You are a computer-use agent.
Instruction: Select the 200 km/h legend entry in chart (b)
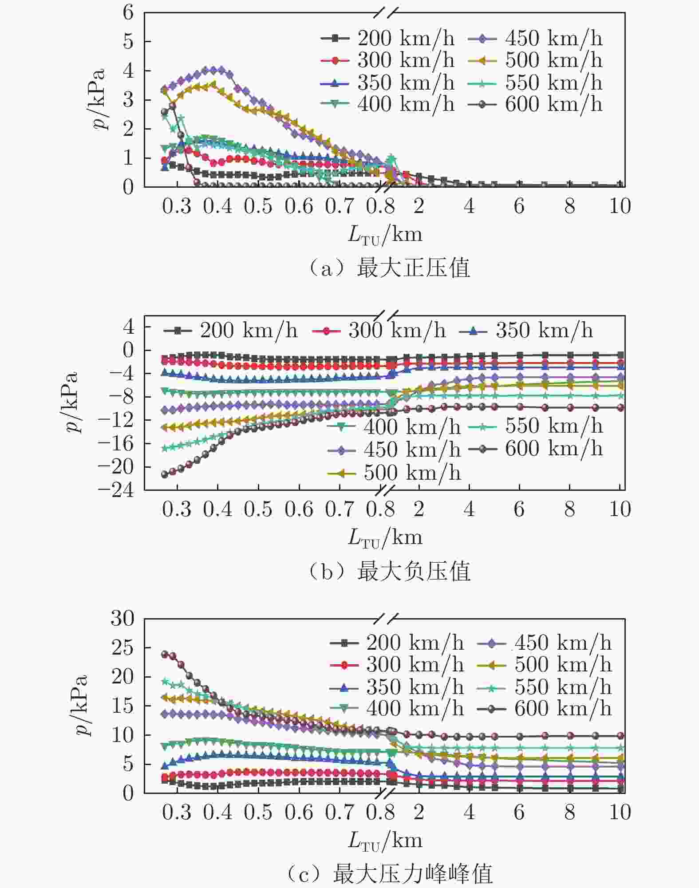click(x=230, y=331)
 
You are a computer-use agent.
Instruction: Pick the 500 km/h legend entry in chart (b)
click(x=394, y=473)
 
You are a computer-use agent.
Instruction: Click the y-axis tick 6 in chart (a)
click(x=128, y=12)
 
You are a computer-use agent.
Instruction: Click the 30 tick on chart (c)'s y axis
click(x=122, y=618)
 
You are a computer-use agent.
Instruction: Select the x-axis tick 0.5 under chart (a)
click(x=258, y=206)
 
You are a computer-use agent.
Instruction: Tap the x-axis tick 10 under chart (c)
click(x=620, y=813)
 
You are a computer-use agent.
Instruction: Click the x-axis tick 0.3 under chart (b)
click(x=177, y=509)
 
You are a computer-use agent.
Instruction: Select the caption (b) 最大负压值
click(x=389, y=572)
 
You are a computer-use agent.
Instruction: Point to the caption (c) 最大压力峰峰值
click(x=389, y=875)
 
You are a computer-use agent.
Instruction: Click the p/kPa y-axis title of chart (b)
click(x=70, y=402)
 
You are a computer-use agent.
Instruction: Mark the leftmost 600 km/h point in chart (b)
click(x=165, y=474)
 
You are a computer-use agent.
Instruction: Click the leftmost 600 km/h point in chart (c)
click(x=165, y=655)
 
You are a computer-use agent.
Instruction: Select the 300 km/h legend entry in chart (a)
click(x=388, y=60)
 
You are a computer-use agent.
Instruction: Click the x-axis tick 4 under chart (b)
click(x=469, y=509)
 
